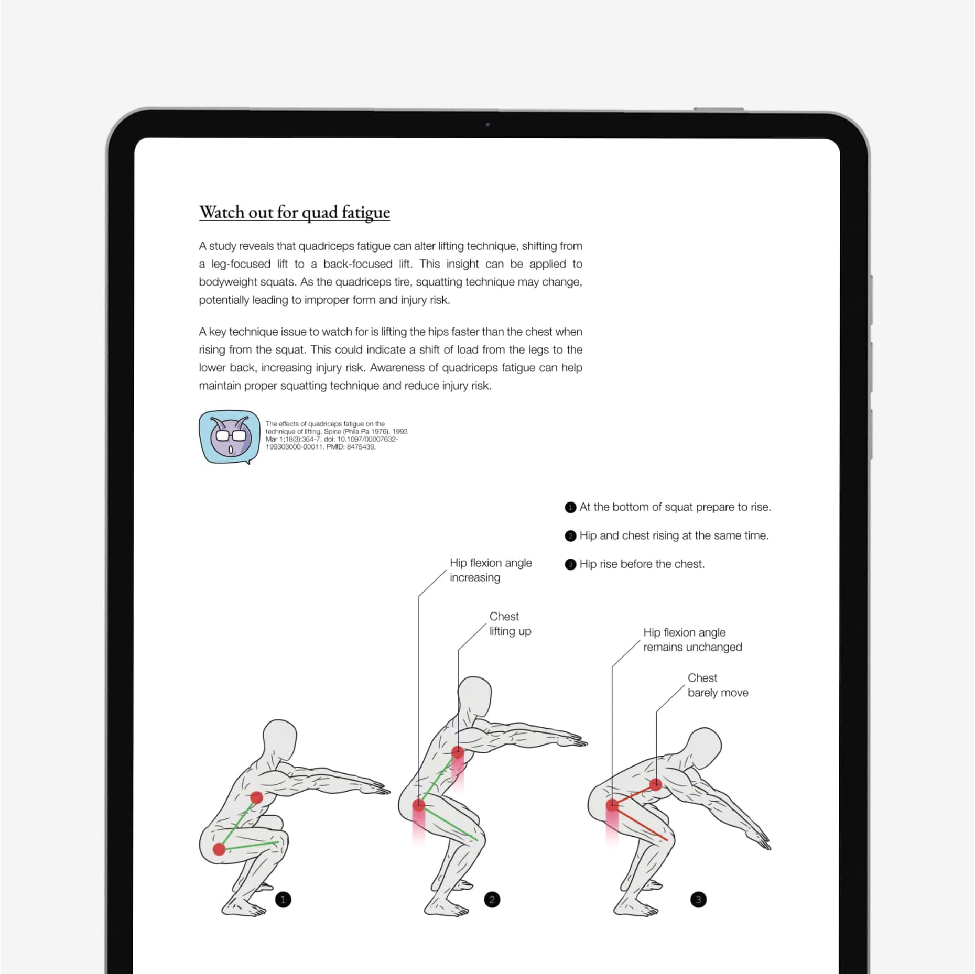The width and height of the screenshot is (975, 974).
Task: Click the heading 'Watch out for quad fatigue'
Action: [x=294, y=212]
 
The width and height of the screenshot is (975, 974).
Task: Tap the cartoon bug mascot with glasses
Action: [x=230, y=436]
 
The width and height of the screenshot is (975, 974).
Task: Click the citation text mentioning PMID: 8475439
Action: [x=335, y=435]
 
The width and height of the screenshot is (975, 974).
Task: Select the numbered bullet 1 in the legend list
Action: [x=570, y=507]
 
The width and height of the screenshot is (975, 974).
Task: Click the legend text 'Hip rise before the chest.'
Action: [x=642, y=564]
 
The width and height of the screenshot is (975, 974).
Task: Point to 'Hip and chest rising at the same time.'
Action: [x=674, y=535]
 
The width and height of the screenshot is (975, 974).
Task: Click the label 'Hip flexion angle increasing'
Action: [x=490, y=570]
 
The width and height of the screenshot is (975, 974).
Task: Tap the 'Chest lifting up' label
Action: [x=510, y=623]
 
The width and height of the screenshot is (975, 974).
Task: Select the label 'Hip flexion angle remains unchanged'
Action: [x=692, y=640]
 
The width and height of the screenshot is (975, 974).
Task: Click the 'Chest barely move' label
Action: [x=717, y=685]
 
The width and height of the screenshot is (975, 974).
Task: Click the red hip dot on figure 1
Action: [x=219, y=849]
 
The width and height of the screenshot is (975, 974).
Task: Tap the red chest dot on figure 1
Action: [x=256, y=797]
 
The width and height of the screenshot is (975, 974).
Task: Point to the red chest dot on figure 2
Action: [x=458, y=752]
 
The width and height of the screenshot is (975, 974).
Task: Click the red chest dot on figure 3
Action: [x=656, y=784]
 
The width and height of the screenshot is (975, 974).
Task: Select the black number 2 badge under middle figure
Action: [x=492, y=900]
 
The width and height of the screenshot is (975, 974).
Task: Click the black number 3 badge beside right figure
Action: [x=698, y=900]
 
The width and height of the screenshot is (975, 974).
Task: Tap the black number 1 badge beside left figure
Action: [x=283, y=900]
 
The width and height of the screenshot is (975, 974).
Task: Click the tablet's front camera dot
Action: [x=487, y=125]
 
